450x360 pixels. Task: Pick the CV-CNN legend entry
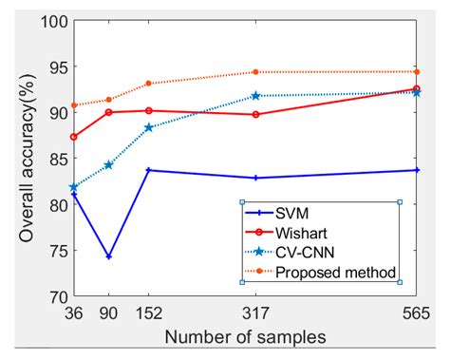pyautogui.click(x=303, y=253)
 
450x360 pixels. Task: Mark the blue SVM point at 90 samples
pyautogui.click(x=109, y=256)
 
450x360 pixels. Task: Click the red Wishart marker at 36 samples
pyautogui.click(x=73, y=137)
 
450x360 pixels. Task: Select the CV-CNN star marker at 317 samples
pyautogui.click(x=255, y=96)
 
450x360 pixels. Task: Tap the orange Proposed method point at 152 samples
pyautogui.click(x=147, y=84)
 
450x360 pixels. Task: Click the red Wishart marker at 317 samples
pyautogui.click(x=255, y=114)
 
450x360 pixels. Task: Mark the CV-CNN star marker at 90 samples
pyautogui.click(x=109, y=165)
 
